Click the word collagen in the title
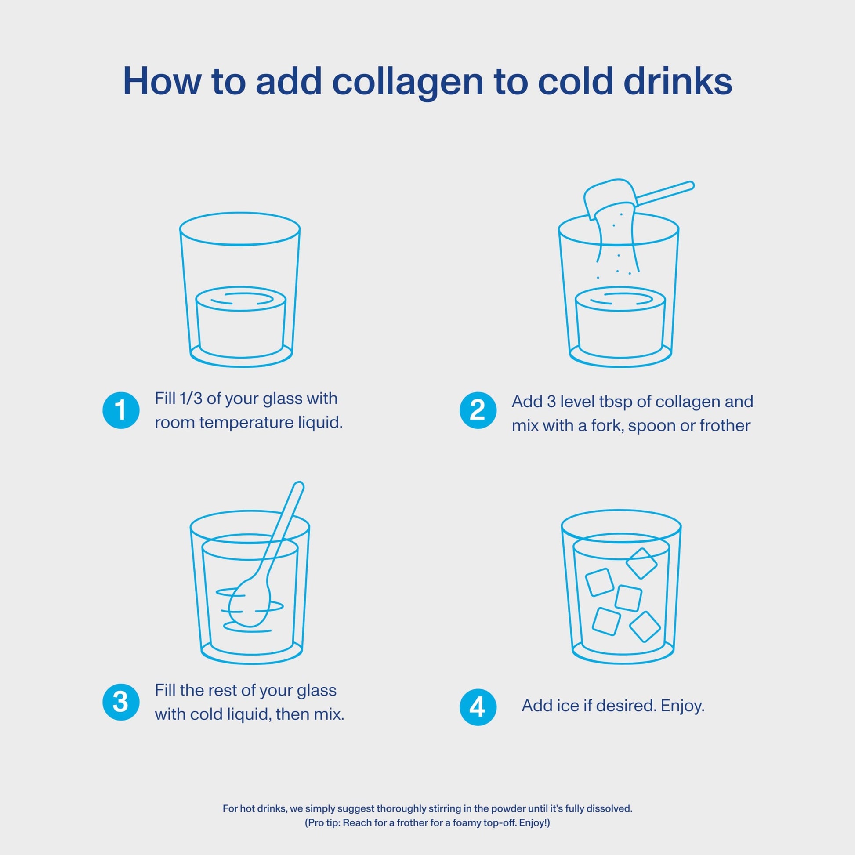click(x=407, y=82)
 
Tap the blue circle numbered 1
click(x=121, y=410)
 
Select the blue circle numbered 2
click(x=478, y=410)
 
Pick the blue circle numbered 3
click(x=121, y=702)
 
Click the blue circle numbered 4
click(x=478, y=707)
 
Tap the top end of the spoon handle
click(x=299, y=485)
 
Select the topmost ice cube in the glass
click(x=641, y=563)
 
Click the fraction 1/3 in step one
click(x=190, y=399)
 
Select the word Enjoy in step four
click(x=681, y=706)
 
